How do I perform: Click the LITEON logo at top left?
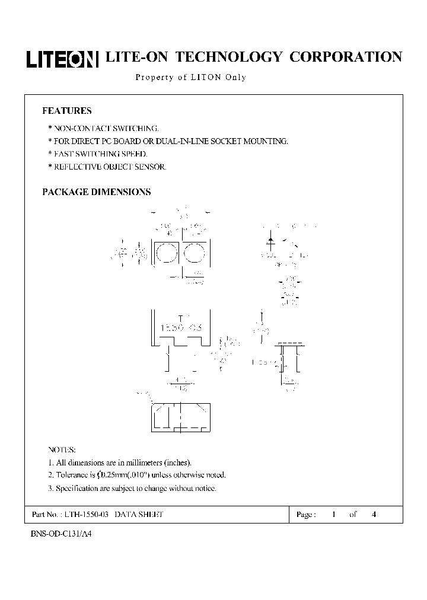point(62,59)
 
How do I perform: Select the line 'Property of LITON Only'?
point(190,77)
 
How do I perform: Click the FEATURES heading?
point(66,111)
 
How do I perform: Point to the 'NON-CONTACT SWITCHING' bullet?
point(103,128)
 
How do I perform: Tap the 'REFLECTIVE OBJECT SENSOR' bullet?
point(107,167)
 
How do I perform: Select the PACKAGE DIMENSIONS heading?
point(96,192)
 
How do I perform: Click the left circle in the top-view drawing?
point(166,254)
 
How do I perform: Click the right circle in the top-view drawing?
point(193,254)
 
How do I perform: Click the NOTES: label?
point(62,450)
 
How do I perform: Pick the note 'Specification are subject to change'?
point(132,488)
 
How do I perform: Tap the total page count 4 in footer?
point(374,515)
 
